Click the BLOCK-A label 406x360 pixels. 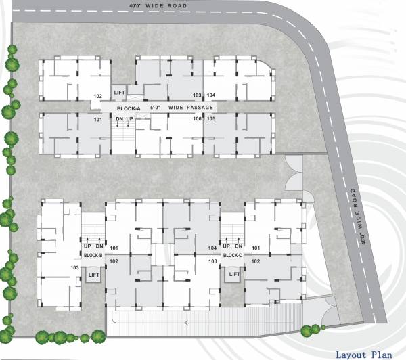click(x=129, y=108)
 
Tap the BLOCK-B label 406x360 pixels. click(x=93, y=256)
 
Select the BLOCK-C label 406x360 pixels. click(x=233, y=256)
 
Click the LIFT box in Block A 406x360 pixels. click(x=120, y=92)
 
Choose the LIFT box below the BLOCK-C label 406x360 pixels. click(x=234, y=275)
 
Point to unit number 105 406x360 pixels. click(x=211, y=119)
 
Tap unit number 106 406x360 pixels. click(x=198, y=119)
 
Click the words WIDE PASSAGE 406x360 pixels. click(x=191, y=108)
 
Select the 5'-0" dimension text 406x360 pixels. click(x=156, y=108)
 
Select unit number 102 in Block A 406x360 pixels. click(x=97, y=96)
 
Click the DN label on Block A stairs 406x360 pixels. click(x=119, y=120)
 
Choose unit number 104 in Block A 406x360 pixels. click(x=211, y=95)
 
